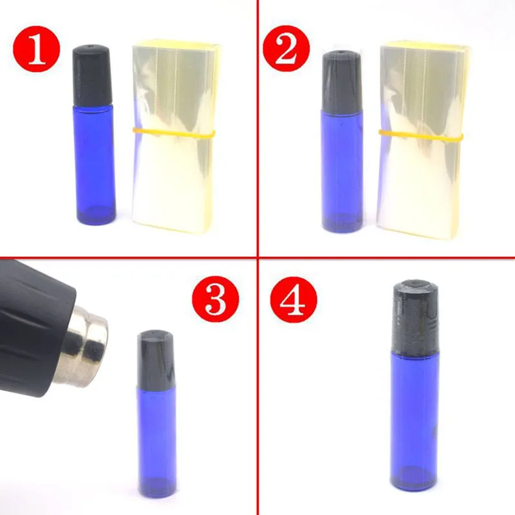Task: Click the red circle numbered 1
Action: click(37, 49)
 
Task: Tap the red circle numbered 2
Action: click(286, 48)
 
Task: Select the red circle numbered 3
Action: click(216, 299)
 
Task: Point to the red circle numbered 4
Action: click(294, 299)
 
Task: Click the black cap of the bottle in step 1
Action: click(93, 76)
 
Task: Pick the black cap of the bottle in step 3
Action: click(155, 359)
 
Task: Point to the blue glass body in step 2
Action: click(342, 171)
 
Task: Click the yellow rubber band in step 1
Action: click(174, 133)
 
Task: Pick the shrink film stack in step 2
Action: click(423, 140)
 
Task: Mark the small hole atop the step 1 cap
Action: click(92, 47)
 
